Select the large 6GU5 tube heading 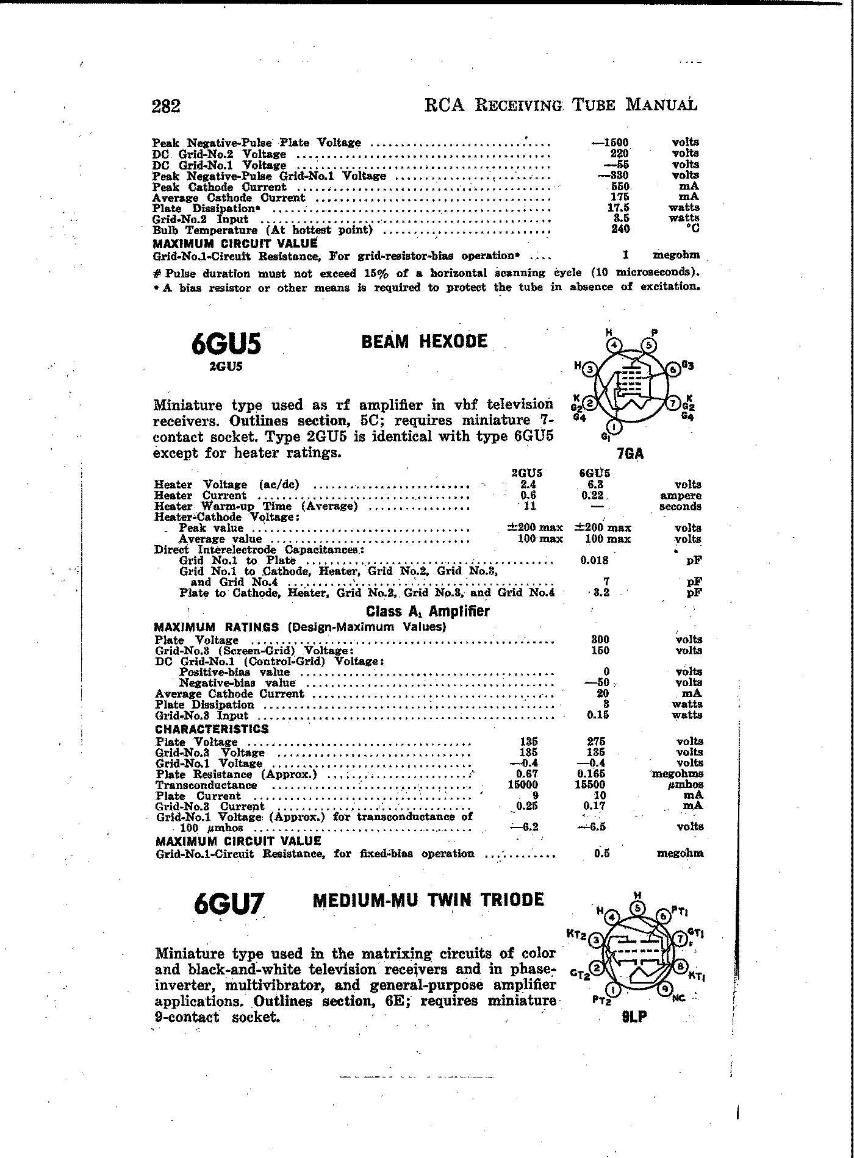226,345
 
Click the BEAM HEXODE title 425,341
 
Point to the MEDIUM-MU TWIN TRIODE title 428,900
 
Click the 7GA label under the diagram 631,454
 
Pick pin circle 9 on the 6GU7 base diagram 666,989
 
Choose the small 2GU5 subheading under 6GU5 226,367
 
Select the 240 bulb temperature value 620,229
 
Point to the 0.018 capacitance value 594,560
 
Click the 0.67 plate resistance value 526,774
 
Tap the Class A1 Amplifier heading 428,611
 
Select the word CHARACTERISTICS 212,729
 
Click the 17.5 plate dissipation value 619,208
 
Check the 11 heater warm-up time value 529,506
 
